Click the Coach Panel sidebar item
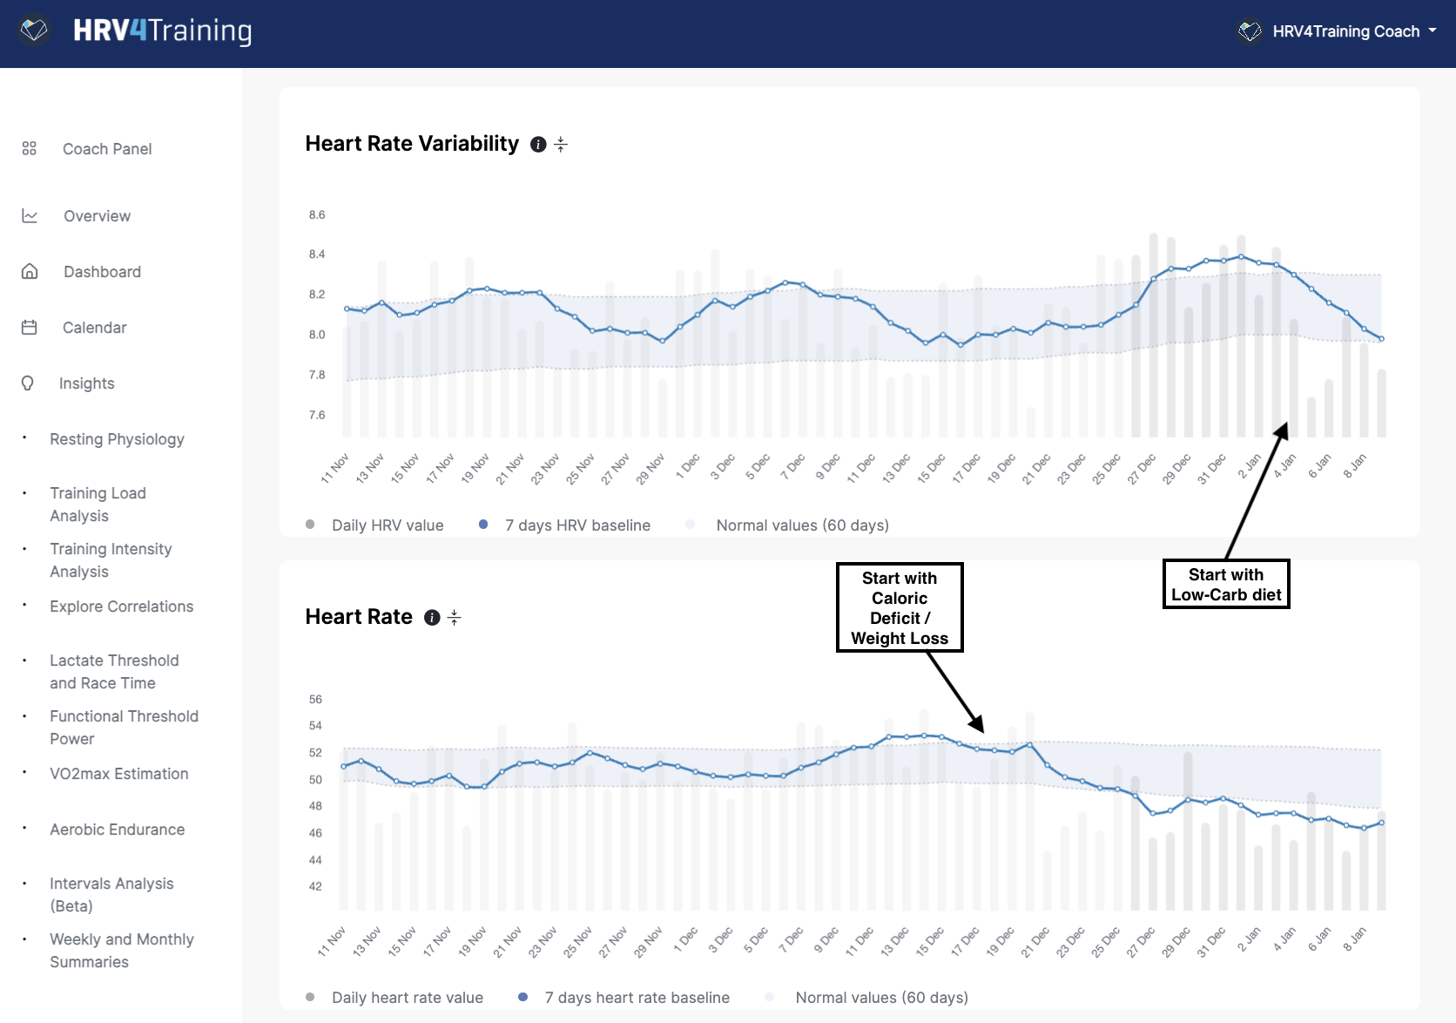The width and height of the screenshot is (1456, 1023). click(106, 149)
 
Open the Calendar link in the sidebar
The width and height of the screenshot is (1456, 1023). click(94, 328)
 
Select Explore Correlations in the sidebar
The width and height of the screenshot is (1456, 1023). click(121, 606)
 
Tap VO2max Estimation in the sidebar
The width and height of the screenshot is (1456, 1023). click(118, 774)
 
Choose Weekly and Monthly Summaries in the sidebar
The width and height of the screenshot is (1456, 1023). click(121, 950)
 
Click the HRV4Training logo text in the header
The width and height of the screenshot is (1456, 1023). click(162, 31)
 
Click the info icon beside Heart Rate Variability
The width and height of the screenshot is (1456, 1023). click(538, 145)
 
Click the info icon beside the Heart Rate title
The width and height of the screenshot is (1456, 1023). click(432, 618)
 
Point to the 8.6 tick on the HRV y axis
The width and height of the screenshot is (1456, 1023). click(317, 215)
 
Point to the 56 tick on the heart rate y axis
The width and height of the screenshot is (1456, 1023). click(315, 700)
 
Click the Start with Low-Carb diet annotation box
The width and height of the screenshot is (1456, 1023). click(1225, 584)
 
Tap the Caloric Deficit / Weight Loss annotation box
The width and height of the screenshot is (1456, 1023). click(899, 607)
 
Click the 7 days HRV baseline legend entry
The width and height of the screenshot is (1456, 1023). click(576, 525)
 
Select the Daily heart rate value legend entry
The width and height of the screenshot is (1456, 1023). click(407, 998)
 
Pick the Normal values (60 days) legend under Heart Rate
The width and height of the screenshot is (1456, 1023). click(880, 998)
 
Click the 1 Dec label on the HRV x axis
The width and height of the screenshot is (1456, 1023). click(688, 467)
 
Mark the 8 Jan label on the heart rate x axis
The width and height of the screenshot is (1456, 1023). click(1354, 940)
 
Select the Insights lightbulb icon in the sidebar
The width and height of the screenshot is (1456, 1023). click(28, 383)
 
